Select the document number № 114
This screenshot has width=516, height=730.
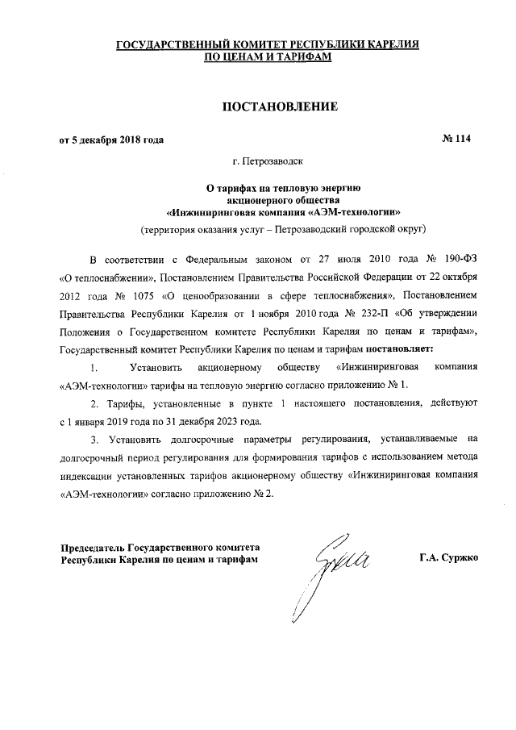[457, 139]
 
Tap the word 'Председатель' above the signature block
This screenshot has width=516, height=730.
[89, 546]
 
